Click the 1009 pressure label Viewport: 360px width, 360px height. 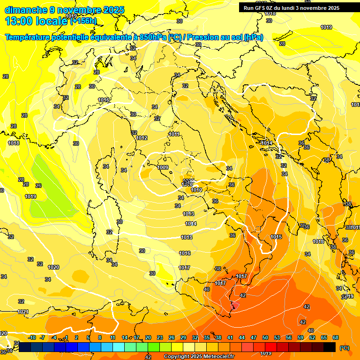(x=163, y=167)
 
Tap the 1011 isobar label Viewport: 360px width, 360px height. (x=174, y=134)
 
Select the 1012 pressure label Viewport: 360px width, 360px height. (x=142, y=138)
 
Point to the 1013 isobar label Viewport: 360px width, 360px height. (x=188, y=214)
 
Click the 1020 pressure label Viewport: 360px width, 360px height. (x=53, y=267)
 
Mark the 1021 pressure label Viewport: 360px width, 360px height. (x=22, y=312)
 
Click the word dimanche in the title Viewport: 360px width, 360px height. (x=26, y=10)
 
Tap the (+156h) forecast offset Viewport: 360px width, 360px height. (x=83, y=21)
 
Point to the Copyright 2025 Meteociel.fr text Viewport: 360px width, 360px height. (x=199, y=357)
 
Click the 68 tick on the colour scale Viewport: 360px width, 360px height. (x=336, y=337)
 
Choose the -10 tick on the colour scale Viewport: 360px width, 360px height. (x=32, y=337)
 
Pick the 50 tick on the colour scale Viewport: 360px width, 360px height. (x=265, y=337)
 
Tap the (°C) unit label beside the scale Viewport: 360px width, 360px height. (x=345, y=348)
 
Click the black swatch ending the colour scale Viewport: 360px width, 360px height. (x=330, y=347)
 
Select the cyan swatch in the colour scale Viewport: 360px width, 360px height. (x=119, y=347)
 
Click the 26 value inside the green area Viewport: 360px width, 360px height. (x=38, y=186)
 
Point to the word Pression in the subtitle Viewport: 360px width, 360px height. (x=202, y=37)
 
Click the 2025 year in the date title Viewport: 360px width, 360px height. (x=114, y=10)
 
